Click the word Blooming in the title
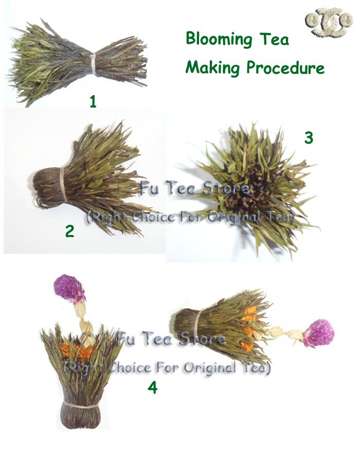[219, 40]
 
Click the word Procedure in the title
[285, 67]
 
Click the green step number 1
[93, 102]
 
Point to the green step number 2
[69, 231]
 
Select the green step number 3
[309, 138]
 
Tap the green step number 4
[153, 387]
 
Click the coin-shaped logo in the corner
[329, 22]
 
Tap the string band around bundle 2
[63, 185]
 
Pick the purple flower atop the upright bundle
[69, 288]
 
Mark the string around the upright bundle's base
[80, 406]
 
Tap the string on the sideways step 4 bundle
[197, 325]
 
